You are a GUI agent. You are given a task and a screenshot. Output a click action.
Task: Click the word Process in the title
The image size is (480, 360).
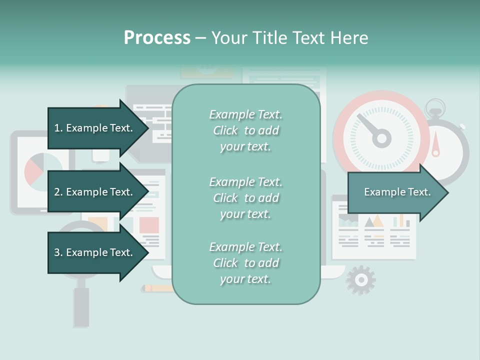(x=157, y=38)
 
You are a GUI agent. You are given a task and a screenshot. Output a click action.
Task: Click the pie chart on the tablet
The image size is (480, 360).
(x=40, y=170)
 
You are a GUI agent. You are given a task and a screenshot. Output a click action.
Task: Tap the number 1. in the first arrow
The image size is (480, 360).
(x=58, y=128)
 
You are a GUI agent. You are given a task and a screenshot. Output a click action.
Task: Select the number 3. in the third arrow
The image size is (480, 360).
(x=58, y=252)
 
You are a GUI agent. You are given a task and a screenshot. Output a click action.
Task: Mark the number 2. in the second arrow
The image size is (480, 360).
(x=58, y=192)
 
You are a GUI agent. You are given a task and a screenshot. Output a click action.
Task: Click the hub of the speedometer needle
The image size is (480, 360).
(x=382, y=138)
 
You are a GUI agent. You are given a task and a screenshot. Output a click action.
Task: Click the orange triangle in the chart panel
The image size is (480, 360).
(x=378, y=221)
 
